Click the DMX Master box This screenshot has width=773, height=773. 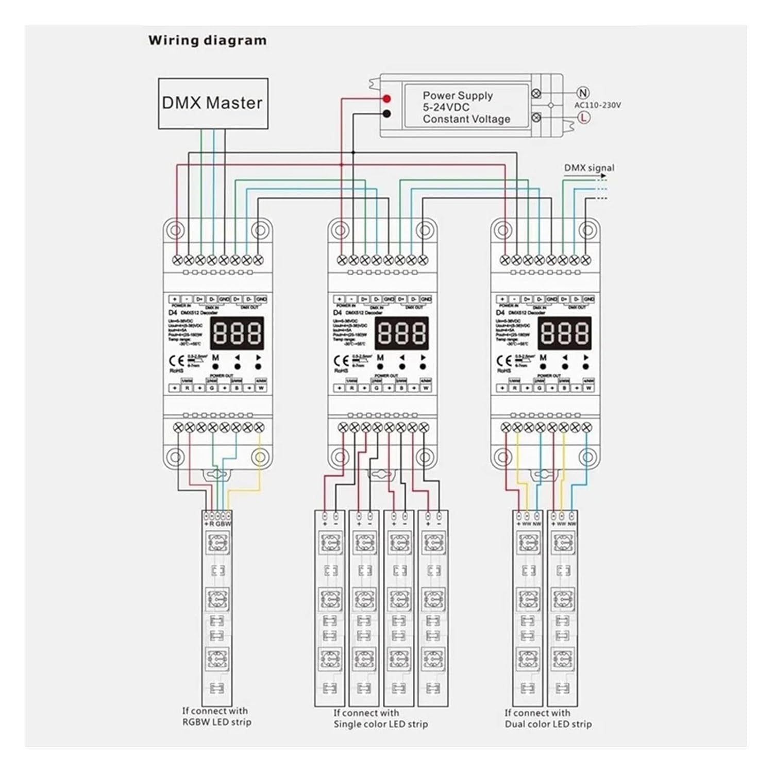click(213, 103)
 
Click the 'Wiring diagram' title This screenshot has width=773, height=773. click(208, 40)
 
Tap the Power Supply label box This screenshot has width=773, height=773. click(466, 107)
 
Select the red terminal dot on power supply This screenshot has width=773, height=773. click(386, 98)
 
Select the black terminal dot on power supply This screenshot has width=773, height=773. click(386, 114)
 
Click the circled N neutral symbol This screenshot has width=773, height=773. click(583, 93)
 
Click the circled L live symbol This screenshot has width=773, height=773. click(583, 117)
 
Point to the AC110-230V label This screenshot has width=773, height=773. click(598, 105)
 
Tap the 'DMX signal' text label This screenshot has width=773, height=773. click(589, 167)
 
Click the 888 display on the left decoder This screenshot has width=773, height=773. click(238, 333)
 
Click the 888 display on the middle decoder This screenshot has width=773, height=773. click(402, 333)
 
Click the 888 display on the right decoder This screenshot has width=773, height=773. click(565, 333)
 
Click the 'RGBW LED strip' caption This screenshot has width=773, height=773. click(216, 717)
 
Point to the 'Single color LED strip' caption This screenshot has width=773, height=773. click(380, 718)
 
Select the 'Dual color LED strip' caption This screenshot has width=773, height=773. click(548, 718)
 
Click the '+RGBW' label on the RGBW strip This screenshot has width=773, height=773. click(217, 524)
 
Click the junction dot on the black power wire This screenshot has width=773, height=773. click(353, 153)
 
